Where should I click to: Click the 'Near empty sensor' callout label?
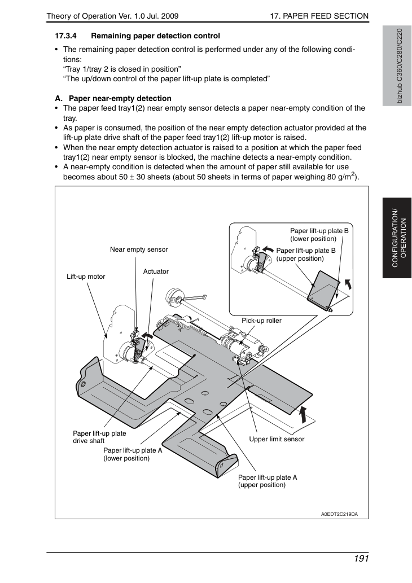pyautogui.click(x=139, y=249)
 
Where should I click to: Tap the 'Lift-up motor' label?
pyautogui.click(x=86, y=277)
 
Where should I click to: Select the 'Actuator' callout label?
pyautogui.click(x=156, y=271)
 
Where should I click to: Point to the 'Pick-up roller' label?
pyautogui.click(x=261, y=321)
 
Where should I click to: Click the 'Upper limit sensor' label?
pyautogui.click(x=277, y=439)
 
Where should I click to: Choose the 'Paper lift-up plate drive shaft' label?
pyautogui.click(x=99, y=437)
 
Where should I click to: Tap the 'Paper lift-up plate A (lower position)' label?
pyautogui.click(x=133, y=454)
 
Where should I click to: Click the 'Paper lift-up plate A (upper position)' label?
pyautogui.click(x=268, y=481)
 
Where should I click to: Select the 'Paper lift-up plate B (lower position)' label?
pyautogui.click(x=319, y=235)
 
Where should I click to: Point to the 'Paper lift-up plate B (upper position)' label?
pyautogui.click(x=306, y=255)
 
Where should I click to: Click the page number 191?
pyautogui.click(x=361, y=559)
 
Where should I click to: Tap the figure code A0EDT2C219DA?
pyautogui.click(x=340, y=514)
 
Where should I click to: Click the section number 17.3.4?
pyautogui.click(x=66, y=36)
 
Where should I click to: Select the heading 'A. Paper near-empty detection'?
pyautogui.click(x=113, y=99)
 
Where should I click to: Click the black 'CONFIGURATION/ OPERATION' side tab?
pyautogui.click(x=397, y=238)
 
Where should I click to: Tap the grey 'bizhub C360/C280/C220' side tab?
pyautogui.click(x=397, y=66)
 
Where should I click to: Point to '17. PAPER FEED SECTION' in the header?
pyautogui.click(x=319, y=16)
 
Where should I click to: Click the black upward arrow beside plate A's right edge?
pyautogui.click(x=304, y=414)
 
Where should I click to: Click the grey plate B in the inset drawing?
pyautogui.click(x=323, y=289)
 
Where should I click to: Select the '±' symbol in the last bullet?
pyautogui.click(x=132, y=177)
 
